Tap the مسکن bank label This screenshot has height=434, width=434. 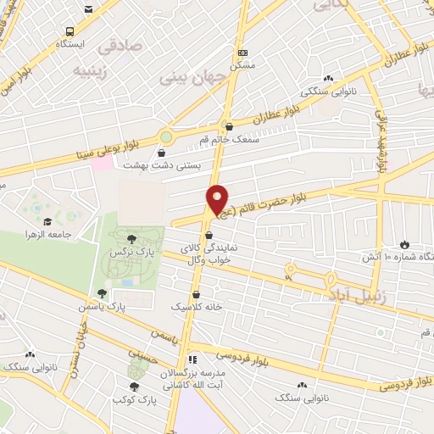pyautogui.click(x=242, y=64)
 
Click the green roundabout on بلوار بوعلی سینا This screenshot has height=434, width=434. pyautogui.click(x=167, y=135)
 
